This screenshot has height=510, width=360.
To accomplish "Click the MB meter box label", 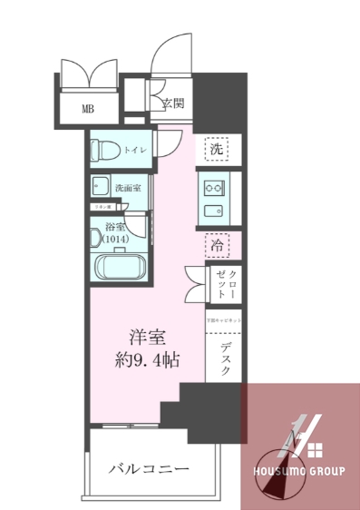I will click(x=88, y=109).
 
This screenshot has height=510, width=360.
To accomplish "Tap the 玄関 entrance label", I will click(x=173, y=103).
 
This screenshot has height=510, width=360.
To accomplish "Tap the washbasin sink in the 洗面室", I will click(x=100, y=187).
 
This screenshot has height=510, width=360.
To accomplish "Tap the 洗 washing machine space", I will click(x=216, y=148).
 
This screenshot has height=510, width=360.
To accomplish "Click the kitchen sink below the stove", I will click(x=215, y=212).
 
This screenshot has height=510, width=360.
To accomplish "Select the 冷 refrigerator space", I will click(x=216, y=244).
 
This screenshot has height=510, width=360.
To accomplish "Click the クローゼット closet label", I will click(x=226, y=283).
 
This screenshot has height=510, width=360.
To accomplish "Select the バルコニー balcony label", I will click(x=150, y=468).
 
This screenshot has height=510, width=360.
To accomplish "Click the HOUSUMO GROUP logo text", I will click(x=299, y=473).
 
